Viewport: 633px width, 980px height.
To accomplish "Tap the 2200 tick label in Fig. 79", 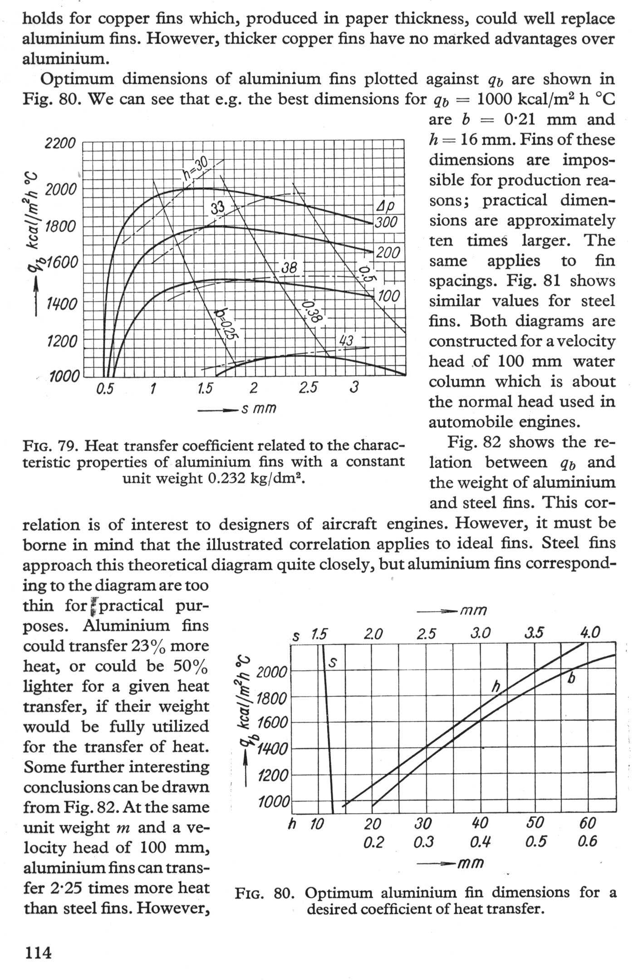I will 60,144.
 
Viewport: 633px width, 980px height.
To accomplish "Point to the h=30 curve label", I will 196,169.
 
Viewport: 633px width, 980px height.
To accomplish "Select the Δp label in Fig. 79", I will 386,206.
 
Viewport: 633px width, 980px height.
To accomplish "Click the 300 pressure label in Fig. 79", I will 386,222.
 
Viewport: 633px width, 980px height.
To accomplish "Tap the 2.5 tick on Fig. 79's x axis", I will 308,388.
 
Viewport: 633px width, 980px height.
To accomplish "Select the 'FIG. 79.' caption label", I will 50,446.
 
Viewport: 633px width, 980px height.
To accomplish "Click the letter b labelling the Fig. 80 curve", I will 572,679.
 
